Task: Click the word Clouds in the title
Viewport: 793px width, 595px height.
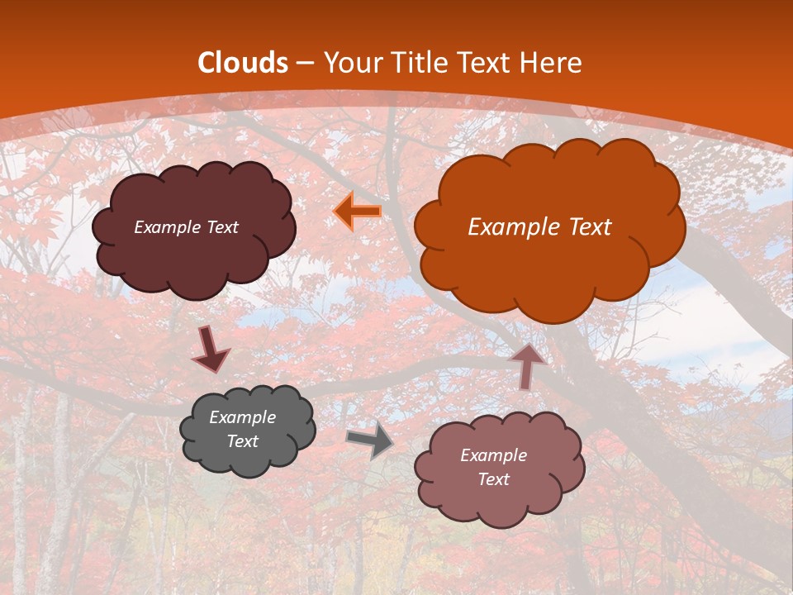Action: coord(243,63)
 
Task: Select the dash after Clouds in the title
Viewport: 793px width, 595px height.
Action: coord(305,64)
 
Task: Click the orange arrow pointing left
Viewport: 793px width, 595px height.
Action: coord(358,212)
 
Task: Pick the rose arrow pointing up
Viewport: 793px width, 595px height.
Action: coord(526,364)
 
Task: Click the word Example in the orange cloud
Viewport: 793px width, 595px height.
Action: coord(507,227)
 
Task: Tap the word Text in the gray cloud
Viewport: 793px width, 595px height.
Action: coord(242,441)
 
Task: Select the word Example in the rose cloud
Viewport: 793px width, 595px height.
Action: coord(493,455)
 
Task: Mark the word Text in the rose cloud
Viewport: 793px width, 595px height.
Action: coord(493,479)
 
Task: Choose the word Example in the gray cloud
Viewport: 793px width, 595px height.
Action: coord(242,417)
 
